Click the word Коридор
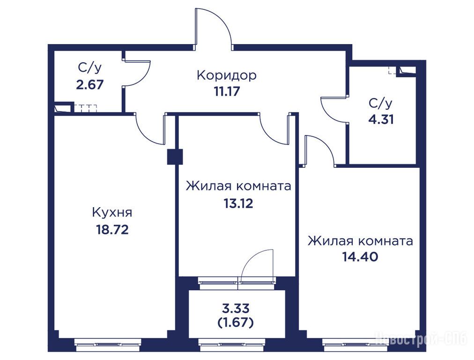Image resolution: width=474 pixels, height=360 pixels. pos(226,75)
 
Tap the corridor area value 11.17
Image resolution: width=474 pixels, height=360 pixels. pos(227,91)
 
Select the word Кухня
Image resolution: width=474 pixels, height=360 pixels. pos(112,213)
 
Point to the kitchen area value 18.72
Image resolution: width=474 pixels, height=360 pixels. pos(112,230)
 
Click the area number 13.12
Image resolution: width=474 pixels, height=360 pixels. pos(238,203)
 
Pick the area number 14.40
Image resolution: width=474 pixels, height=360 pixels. pos(360,257)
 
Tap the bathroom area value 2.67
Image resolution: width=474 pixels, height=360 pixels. pos(90,85)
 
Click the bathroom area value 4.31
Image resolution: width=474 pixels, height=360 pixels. pos(381,120)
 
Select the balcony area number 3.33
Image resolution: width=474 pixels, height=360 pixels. pos(236,309)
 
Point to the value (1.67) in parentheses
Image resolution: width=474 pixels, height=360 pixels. pos(236,323)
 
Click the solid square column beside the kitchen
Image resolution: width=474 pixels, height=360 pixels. pos(175,157)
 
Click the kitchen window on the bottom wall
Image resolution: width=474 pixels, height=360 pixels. pos(108,344)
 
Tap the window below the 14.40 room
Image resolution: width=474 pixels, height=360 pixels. pos(355,344)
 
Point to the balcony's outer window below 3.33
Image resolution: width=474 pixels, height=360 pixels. pos(231,344)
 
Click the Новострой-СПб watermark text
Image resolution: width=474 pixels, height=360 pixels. pos(421,339)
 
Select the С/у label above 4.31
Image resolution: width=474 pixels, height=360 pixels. pos(381,104)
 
